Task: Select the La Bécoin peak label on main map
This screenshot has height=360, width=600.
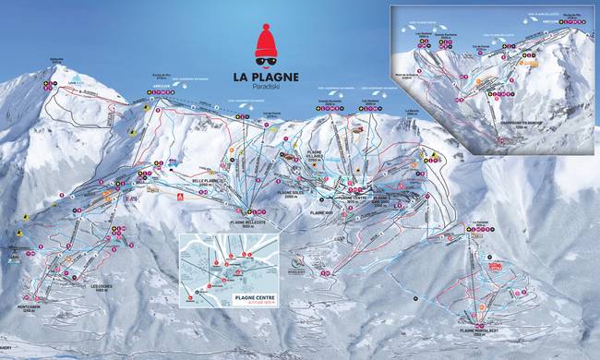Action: pyautogui.click(x=414, y=112)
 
